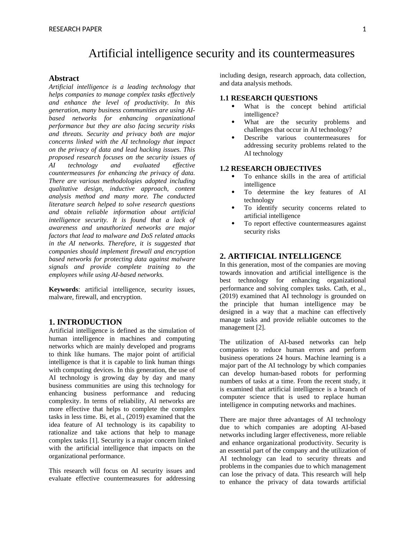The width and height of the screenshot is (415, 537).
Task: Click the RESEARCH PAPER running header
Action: click(75, 29)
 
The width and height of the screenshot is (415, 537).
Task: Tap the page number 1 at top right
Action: click(364, 29)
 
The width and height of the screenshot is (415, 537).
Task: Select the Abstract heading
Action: click(64, 78)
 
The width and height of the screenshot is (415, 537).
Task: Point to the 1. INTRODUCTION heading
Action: click(85, 322)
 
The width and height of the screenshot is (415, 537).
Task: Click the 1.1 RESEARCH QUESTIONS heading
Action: click(269, 98)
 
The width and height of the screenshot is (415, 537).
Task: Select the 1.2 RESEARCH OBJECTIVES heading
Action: click(270, 168)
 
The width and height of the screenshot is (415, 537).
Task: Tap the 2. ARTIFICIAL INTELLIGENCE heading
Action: click(280, 256)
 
